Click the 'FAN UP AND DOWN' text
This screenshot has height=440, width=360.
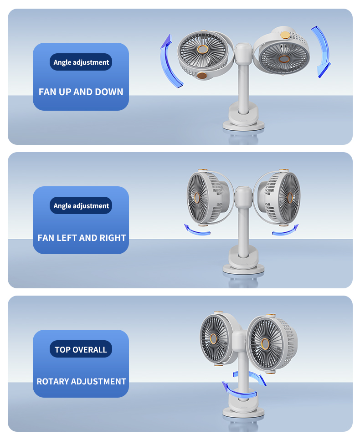click(81, 92)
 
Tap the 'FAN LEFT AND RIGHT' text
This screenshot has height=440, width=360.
click(82, 238)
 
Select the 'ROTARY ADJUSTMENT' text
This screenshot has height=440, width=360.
click(82, 381)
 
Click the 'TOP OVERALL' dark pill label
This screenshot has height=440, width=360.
click(81, 349)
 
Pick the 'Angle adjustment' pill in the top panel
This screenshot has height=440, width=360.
click(81, 62)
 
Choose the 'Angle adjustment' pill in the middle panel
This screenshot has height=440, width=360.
click(81, 205)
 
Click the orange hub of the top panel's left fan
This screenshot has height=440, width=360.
click(202, 49)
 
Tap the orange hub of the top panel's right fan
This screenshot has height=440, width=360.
click(284, 59)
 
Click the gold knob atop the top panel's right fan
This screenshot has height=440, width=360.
click(285, 35)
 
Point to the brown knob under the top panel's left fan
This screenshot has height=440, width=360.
click(201, 75)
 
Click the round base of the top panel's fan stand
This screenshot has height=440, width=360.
click(243, 125)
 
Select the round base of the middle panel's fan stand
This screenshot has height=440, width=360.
click(243, 269)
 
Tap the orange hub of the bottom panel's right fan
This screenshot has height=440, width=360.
click(265, 344)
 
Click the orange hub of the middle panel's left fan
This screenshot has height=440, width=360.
click(196, 198)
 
